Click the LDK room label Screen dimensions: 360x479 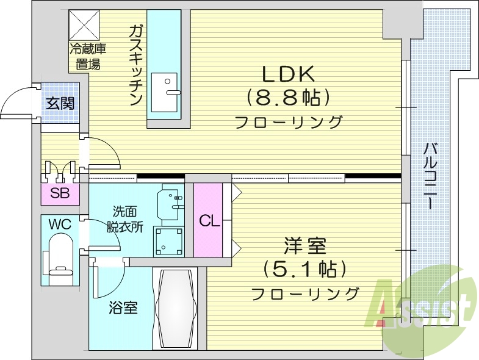coord(289,74)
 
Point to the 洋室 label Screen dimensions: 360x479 coord(304,247)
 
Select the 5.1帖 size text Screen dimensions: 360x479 coord(304,269)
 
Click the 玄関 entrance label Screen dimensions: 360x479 coord(60,103)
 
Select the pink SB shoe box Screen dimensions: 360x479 coord(59,194)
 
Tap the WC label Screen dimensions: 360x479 coord(60,224)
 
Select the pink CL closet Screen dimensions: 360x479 coord(209,220)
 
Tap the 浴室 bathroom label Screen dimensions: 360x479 coord(123,308)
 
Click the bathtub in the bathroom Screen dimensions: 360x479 coord(177,308)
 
